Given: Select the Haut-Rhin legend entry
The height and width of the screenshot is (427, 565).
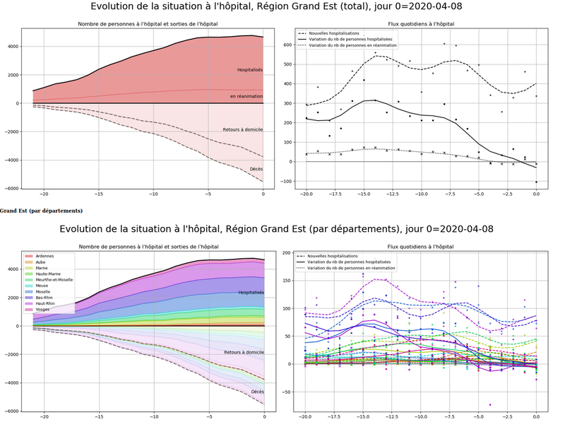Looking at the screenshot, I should click(x=44, y=303).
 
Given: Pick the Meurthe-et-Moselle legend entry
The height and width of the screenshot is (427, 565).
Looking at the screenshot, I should click(x=54, y=280).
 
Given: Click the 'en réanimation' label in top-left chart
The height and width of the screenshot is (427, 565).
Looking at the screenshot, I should click(x=246, y=96).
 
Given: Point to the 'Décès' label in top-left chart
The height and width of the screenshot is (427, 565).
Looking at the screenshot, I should click(x=256, y=169).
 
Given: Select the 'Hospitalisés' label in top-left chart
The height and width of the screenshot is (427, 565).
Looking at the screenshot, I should click(x=249, y=70).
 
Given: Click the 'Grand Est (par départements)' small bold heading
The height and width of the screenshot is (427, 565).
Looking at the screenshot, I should click(x=41, y=211).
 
